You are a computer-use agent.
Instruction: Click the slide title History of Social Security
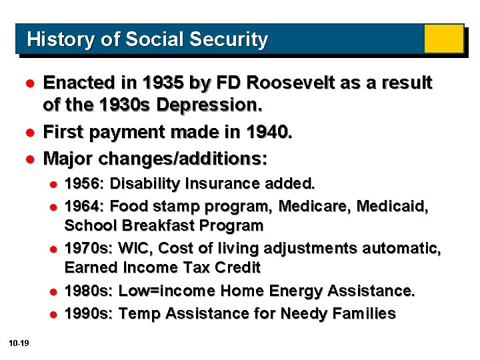147,39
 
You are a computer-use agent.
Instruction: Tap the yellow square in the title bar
443,39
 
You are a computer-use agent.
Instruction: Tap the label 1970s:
89,249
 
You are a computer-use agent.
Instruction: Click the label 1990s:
89,313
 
